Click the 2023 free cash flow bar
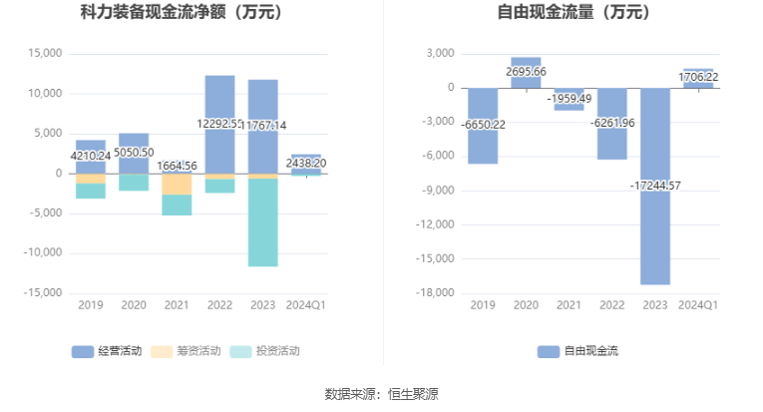pos(655,229)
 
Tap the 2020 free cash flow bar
pos(526,73)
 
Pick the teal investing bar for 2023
pos(263,222)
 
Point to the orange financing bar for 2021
pos(178,185)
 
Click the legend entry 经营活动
pos(107,351)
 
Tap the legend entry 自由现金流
pos(577,351)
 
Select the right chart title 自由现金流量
pos(573,13)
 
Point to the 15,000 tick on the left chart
pos(46,54)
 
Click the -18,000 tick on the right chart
pos(436,293)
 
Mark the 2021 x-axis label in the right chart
pos(569,304)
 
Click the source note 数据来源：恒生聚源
pos(381,394)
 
